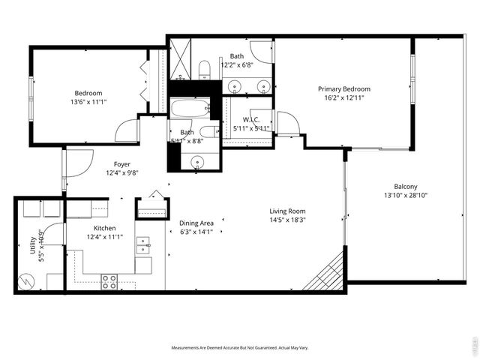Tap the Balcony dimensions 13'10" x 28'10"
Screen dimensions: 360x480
click(406, 196)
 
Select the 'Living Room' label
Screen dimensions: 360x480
click(287, 211)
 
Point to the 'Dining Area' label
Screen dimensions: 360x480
click(196, 223)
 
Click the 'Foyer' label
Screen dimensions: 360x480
click(121, 163)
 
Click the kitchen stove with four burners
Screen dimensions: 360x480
click(109, 281)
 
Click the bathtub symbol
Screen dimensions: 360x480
click(192, 109)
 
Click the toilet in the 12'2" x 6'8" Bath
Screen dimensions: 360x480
click(204, 72)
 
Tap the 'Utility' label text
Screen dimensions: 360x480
click(33, 248)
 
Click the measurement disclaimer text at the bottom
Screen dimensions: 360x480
click(239, 347)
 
